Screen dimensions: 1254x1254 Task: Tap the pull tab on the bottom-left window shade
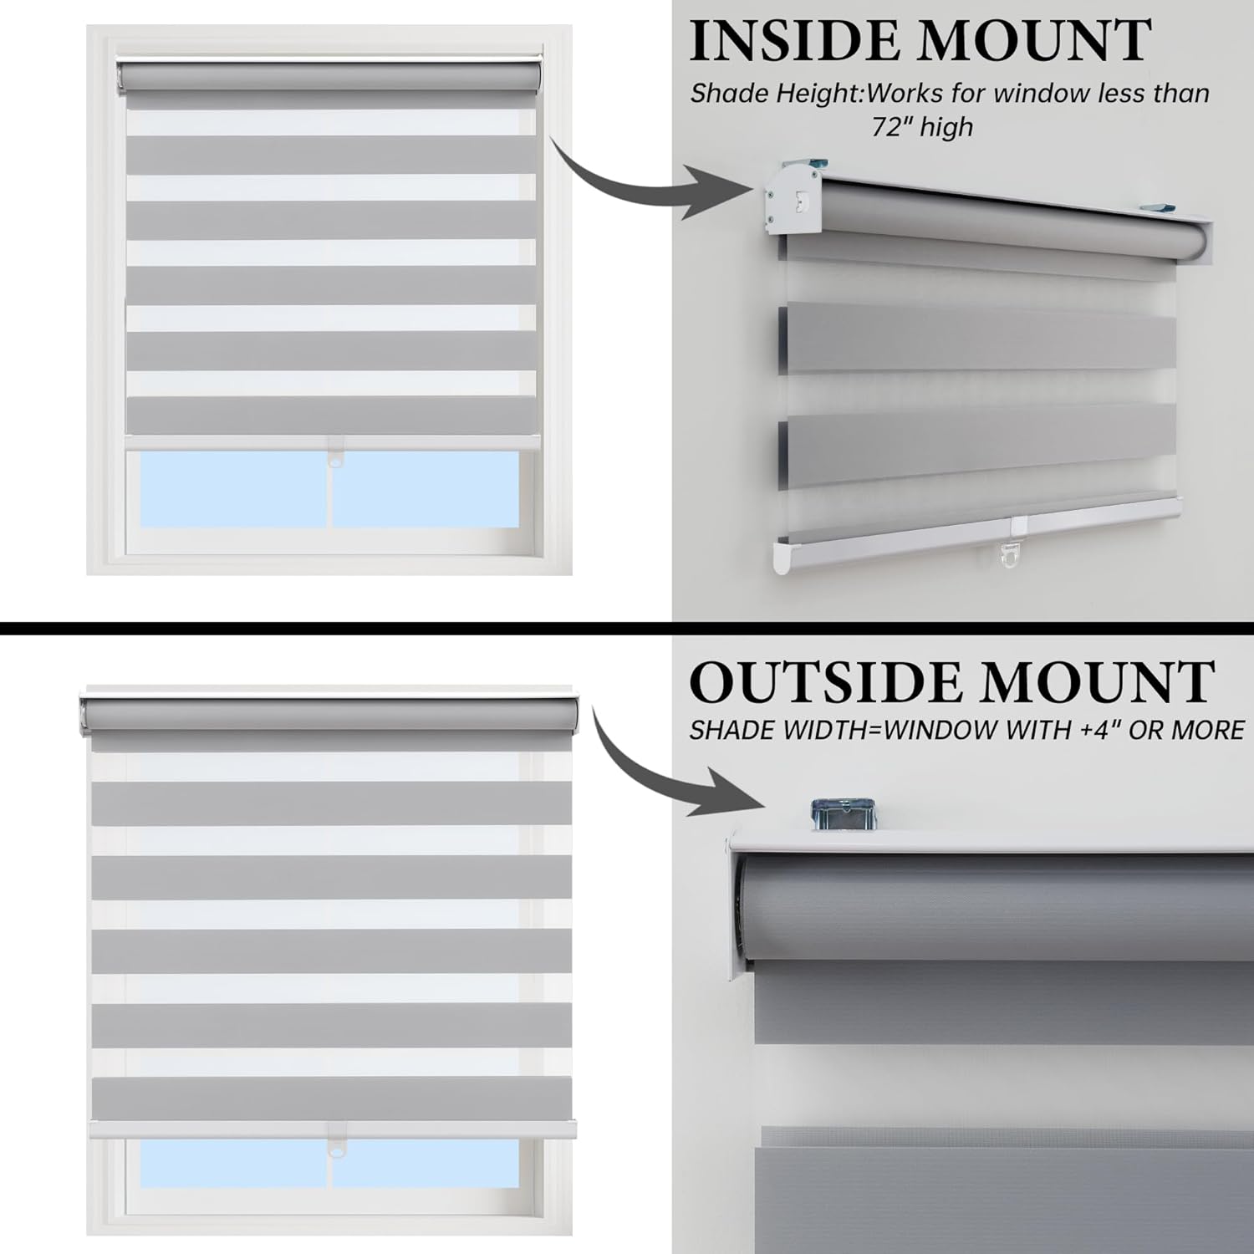(x=335, y=1150)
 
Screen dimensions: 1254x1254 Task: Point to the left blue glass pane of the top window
(x=233, y=490)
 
